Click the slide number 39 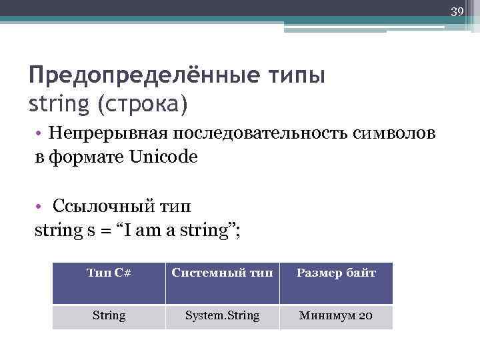point(457,11)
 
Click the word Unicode point(164,159)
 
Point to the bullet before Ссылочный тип point(41,206)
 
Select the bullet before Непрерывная point(41,133)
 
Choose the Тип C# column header point(109,273)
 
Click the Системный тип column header point(222,273)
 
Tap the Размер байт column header point(336,273)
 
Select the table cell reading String point(109,316)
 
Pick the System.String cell point(222,316)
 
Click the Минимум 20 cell point(336,316)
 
